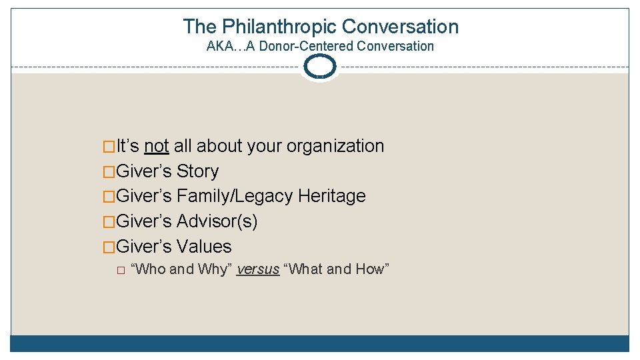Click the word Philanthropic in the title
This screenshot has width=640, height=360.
[279, 27]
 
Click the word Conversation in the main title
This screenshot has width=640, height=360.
[401, 27]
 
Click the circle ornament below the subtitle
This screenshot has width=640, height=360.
[320, 67]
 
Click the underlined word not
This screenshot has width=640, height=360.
[156, 146]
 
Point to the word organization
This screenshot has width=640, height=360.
[333, 146]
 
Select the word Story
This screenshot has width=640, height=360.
[197, 171]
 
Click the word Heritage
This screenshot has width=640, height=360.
[332, 196]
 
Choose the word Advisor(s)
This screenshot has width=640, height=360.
[217, 221]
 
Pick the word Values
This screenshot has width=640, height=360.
[204, 247]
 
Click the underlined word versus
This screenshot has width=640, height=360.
[258, 269]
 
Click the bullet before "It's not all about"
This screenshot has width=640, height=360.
[109, 147]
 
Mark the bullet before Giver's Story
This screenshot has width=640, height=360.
[109, 172]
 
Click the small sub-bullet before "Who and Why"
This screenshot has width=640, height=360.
[120, 270]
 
